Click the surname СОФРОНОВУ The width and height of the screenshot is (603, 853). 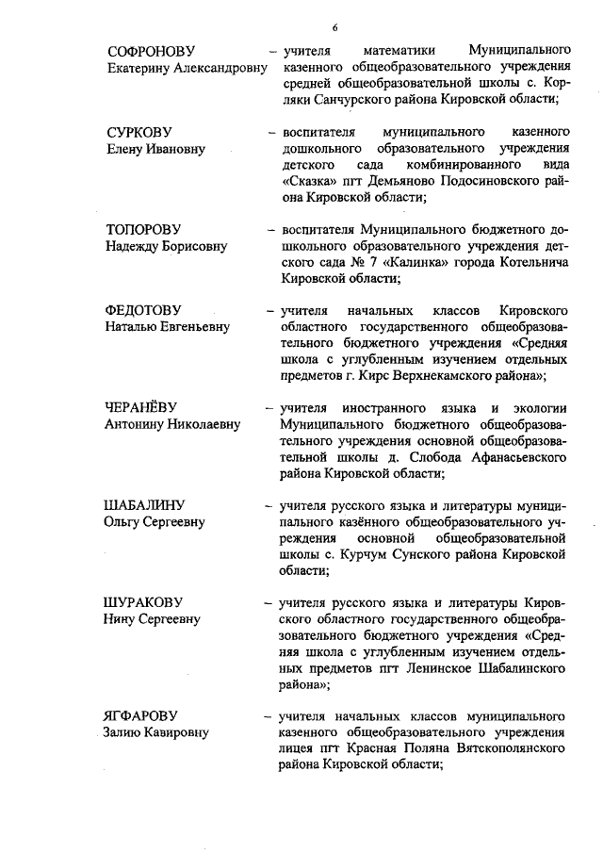click(x=151, y=49)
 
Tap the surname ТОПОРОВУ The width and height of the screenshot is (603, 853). click(x=142, y=229)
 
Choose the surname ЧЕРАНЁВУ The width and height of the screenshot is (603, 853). click(x=143, y=408)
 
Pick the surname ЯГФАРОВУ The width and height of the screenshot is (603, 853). click(x=140, y=717)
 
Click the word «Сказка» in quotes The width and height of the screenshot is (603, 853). click(x=308, y=181)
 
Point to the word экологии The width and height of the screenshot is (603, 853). click(x=536, y=408)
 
